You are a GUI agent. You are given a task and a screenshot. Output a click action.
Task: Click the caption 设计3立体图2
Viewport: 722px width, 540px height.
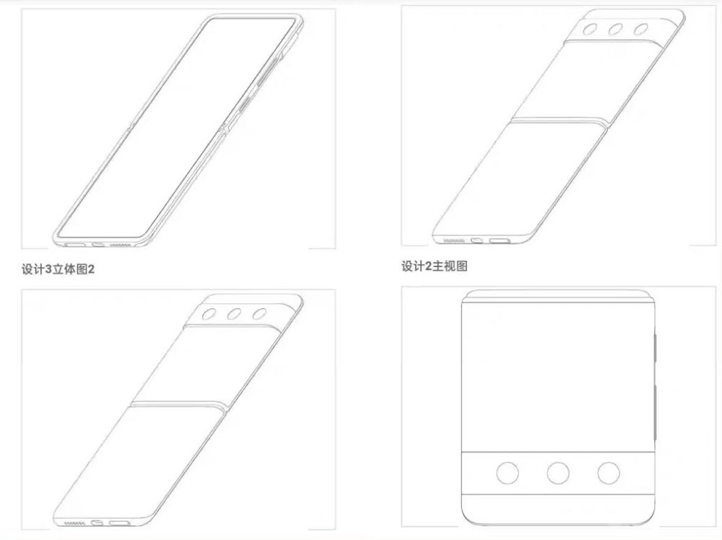click(x=58, y=269)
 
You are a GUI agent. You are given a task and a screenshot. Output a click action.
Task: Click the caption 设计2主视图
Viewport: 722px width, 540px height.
click(x=434, y=266)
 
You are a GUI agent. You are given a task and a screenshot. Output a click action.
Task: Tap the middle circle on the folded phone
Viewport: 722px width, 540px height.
click(x=557, y=473)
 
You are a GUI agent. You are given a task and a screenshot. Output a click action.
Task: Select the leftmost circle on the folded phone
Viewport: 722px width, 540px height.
click(x=508, y=473)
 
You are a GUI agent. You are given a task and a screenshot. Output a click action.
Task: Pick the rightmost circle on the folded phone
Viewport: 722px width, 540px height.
click(x=608, y=473)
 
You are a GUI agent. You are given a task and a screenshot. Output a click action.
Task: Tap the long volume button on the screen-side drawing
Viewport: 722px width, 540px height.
click(x=269, y=71)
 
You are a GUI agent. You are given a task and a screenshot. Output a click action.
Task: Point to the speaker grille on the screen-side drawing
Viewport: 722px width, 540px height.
click(x=121, y=245)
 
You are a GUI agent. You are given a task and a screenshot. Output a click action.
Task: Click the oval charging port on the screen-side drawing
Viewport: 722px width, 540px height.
click(x=98, y=244)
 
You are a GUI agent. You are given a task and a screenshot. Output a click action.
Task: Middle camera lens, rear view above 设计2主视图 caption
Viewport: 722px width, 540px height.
click(x=616, y=30)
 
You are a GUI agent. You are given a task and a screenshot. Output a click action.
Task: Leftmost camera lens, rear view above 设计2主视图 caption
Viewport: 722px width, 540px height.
click(x=591, y=30)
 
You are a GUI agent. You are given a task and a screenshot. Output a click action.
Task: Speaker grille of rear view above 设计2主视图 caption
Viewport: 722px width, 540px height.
click(x=453, y=241)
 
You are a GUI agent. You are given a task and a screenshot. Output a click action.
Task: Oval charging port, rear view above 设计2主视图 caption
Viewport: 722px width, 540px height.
click(x=477, y=240)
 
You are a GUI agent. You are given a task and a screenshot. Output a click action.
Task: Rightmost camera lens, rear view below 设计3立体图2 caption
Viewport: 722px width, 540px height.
click(x=259, y=314)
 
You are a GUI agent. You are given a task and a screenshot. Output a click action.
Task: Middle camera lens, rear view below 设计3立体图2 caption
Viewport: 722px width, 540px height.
click(x=234, y=315)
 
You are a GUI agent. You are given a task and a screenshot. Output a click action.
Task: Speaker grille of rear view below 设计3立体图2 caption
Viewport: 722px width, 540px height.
click(x=74, y=523)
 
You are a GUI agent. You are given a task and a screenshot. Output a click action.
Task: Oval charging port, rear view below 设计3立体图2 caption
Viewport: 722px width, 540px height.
click(x=97, y=523)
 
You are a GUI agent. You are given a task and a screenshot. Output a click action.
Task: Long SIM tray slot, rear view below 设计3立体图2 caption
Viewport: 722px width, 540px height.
click(x=119, y=523)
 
